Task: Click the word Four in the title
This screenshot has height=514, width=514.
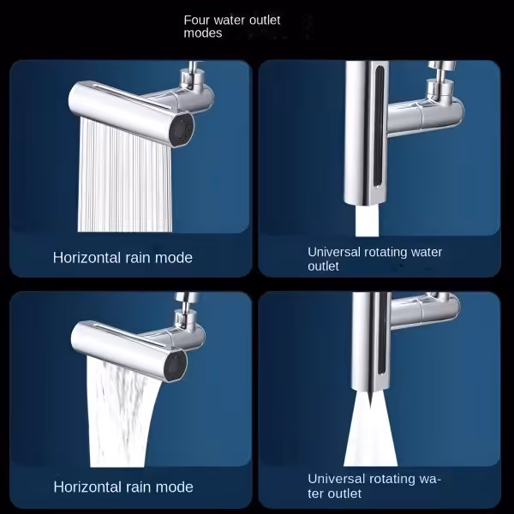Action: click(196, 21)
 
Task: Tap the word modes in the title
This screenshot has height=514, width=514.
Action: click(203, 33)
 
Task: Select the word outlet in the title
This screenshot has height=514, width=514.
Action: click(265, 21)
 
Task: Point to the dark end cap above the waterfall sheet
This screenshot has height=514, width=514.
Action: click(176, 365)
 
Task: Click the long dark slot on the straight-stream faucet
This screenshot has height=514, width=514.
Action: click(379, 126)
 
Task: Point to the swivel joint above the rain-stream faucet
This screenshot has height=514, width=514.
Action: click(190, 76)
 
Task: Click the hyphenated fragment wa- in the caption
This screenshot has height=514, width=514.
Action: click(428, 479)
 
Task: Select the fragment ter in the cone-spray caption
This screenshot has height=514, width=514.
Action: click(317, 493)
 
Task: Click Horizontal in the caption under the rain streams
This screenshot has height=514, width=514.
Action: click(87, 258)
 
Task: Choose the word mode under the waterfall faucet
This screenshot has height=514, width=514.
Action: click(174, 487)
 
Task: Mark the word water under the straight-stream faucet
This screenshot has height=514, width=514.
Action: click(427, 253)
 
